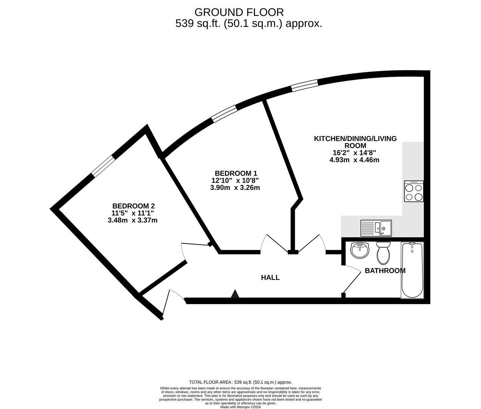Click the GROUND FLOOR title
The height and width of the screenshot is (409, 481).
(239, 12)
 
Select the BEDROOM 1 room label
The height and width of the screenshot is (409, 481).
(236, 173)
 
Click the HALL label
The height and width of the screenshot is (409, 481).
(270, 278)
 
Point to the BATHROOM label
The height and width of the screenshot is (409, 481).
(385, 271)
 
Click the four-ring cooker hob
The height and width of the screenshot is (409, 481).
(414, 191)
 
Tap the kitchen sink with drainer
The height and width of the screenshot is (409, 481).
(376, 228)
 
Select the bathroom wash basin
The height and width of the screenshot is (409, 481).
(360, 250)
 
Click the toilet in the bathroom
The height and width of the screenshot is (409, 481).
(383, 253)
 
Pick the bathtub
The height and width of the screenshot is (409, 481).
(412, 270)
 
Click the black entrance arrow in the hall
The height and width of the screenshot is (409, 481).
(235, 294)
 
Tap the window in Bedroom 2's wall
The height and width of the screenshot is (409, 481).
(103, 166)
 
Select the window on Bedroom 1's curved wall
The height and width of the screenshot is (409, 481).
(224, 114)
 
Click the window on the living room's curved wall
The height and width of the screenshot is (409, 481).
(304, 86)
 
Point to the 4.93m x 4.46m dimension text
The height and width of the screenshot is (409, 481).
(354, 160)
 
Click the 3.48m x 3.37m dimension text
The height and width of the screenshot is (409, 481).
(132, 220)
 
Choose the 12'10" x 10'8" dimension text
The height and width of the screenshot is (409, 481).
(235, 180)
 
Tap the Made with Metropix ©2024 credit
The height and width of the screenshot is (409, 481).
(240, 407)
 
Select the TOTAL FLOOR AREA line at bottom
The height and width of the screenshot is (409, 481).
(240, 382)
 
